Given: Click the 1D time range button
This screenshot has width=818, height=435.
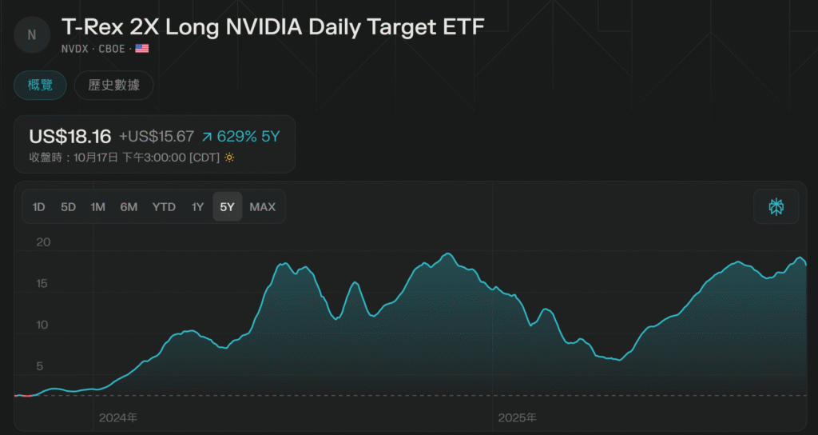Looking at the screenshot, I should [38, 207].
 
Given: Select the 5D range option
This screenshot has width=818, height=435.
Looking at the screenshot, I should [68, 207].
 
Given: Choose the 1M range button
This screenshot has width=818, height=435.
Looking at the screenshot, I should [97, 207].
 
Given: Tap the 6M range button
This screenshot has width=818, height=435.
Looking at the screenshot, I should [129, 207].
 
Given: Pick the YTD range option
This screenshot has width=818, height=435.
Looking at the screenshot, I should [164, 207].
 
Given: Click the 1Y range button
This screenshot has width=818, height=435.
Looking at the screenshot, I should [197, 207].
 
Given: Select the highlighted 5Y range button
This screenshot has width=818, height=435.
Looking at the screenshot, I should [228, 207].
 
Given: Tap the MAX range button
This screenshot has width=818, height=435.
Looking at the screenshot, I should [262, 207].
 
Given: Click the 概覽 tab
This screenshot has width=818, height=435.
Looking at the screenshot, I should [40, 85].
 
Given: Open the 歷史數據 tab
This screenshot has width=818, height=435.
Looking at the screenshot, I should [113, 85].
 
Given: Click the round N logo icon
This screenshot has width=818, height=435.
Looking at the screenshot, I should [32, 34].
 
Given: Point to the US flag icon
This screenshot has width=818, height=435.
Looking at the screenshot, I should [142, 49].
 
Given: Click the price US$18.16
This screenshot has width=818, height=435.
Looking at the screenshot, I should [69, 136].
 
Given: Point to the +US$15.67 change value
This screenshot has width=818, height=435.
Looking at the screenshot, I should [157, 137].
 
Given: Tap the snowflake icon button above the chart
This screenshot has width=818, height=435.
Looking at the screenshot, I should [776, 207].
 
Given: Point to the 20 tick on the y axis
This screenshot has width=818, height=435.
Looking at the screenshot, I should [43, 242].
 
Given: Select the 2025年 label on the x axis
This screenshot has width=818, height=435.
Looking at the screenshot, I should [517, 417].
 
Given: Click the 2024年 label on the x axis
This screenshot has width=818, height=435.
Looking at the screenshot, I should [118, 417].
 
